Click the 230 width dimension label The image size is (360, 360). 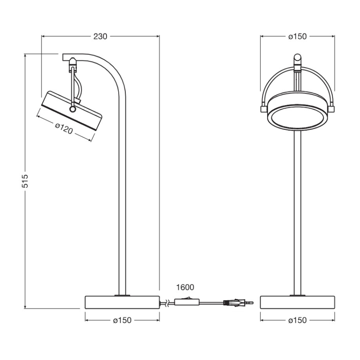click(100, 36)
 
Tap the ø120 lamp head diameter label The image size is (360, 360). click(64, 128)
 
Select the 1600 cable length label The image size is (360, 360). click(185, 287)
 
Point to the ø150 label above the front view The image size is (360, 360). click(297, 36)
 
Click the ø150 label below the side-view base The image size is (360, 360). click(122, 320)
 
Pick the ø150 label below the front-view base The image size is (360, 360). click(297, 320)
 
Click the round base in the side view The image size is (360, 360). click(122, 302)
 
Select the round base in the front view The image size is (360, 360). click(297, 302)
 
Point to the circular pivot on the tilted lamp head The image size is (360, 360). click(73, 109)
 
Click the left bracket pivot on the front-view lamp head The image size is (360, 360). click(263, 109)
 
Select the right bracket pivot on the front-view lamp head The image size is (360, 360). click(332, 109)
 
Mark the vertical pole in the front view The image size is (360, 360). click(297, 207)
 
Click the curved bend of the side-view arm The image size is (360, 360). click(116, 71)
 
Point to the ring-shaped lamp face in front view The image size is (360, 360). click(297, 117)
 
